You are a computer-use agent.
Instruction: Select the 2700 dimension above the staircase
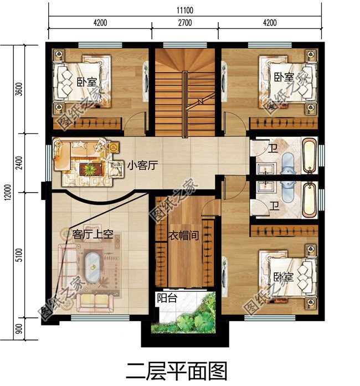(185, 23)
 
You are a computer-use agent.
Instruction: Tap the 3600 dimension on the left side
(19, 89)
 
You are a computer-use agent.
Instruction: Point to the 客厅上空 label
(93, 234)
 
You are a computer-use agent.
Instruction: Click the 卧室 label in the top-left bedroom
(86, 82)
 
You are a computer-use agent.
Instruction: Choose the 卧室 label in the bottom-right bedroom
(282, 276)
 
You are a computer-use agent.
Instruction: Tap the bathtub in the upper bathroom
(310, 157)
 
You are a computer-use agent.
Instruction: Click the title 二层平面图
(177, 370)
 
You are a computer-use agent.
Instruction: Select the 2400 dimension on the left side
(19, 163)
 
